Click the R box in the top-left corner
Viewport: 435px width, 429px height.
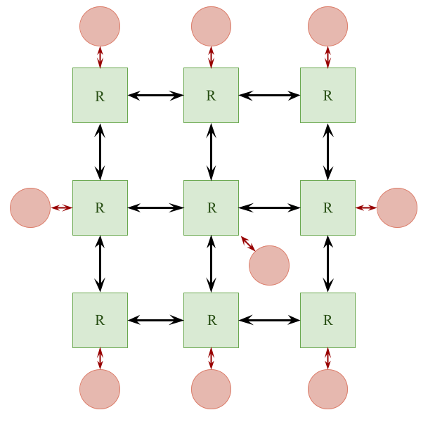[x=100, y=95]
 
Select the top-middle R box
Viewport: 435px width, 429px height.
[x=211, y=95]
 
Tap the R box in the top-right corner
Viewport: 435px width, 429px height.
[x=327, y=95]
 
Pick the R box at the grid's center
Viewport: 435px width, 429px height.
[x=211, y=207]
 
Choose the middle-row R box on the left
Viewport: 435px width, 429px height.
[x=100, y=207]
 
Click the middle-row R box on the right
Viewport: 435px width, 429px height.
[x=327, y=207]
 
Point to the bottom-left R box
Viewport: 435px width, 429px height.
[x=100, y=320]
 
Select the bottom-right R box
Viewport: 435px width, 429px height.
[x=327, y=320]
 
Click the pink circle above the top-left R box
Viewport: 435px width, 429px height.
[x=100, y=26]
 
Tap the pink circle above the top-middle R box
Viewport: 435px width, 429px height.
[x=211, y=26]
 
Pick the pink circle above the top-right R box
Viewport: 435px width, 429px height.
[x=327, y=26]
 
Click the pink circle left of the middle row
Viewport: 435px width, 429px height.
[x=30, y=207]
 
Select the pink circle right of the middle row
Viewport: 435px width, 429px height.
[x=397, y=207]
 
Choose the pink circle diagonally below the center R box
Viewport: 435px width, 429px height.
[x=269, y=265]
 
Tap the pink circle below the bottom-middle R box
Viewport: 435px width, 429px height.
[x=211, y=389]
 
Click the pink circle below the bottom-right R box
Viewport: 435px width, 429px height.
[x=327, y=389]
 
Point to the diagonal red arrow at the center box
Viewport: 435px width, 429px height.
[x=247, y=243]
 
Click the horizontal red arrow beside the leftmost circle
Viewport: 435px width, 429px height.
[x=62, y=207]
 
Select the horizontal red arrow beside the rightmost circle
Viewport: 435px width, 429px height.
[x=366, y=207]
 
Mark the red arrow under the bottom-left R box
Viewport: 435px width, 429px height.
[x=100, y=358]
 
